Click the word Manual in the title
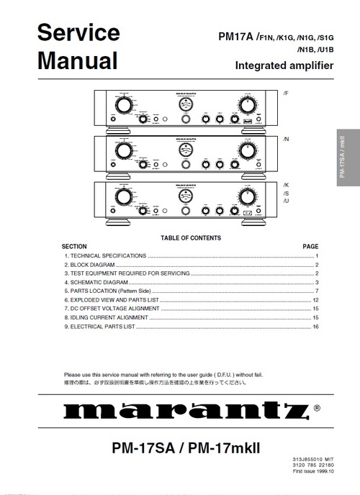77,60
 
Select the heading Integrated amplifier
284,66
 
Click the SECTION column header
75,246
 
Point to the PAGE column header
310,246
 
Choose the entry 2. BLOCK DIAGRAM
90,265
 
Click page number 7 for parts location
316,291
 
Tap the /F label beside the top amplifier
286,94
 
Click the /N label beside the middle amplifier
286,138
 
